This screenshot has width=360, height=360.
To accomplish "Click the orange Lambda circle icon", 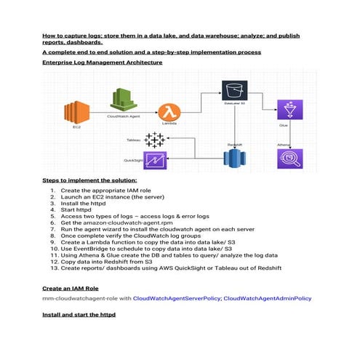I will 169,112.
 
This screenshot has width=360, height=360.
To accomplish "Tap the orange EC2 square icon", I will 75,111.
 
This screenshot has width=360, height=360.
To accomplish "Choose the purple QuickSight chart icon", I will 155,160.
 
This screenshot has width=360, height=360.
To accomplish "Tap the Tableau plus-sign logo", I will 154,140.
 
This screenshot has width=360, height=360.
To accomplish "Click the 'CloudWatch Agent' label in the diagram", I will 122,116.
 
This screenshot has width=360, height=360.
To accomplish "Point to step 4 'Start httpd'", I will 76,210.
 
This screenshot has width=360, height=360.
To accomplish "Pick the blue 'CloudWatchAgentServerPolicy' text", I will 177,298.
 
